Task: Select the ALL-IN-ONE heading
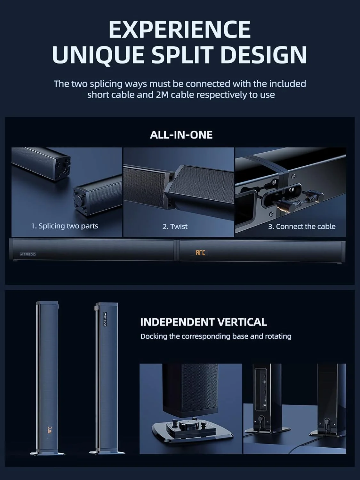tap(181, 135)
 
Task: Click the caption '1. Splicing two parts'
tap(65, 226)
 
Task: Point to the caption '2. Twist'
tap(175, 227)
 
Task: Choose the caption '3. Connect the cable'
tap(302, 227)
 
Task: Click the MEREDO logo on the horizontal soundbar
tap(28, 254)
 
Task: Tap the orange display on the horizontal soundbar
tap(200, 253)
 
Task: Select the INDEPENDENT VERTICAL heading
tap(204, 322)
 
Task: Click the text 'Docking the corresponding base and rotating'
tap(216, 336)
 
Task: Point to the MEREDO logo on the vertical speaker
tap(105, 319)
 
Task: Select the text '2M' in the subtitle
tap(162, 95)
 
